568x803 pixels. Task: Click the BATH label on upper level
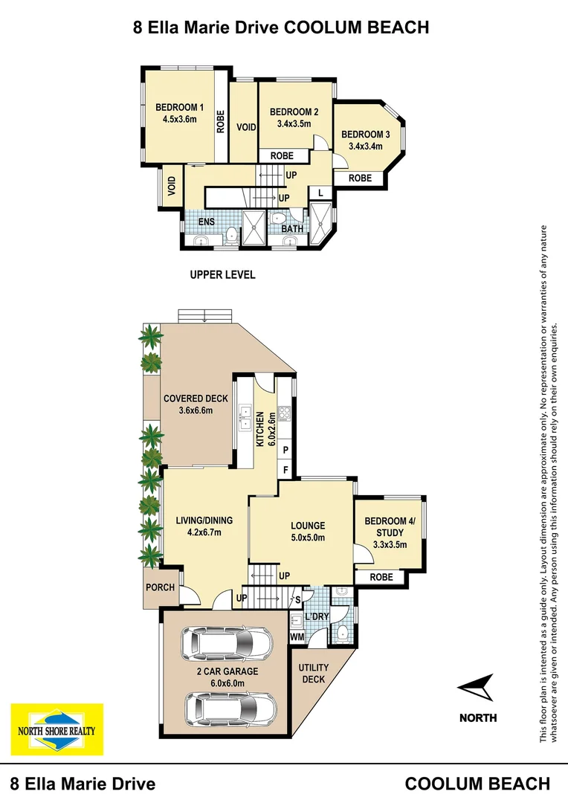pos(292,229)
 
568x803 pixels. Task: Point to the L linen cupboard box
pos(320,193)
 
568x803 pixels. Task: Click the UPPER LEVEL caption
pos(222,275)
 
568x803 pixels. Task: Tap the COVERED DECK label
pos(196,399)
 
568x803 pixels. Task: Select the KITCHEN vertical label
pos(260,428)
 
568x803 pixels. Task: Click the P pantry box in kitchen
pos(285,451)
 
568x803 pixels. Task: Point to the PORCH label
pos(161,587)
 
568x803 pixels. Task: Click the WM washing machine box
pos(297,637)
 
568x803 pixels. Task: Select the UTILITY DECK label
pos(313,674)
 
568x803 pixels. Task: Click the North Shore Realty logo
pos(57,730)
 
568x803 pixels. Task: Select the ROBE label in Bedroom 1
pos(221,121)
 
